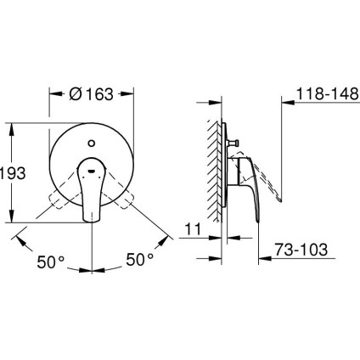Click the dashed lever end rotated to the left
coord(57,202)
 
